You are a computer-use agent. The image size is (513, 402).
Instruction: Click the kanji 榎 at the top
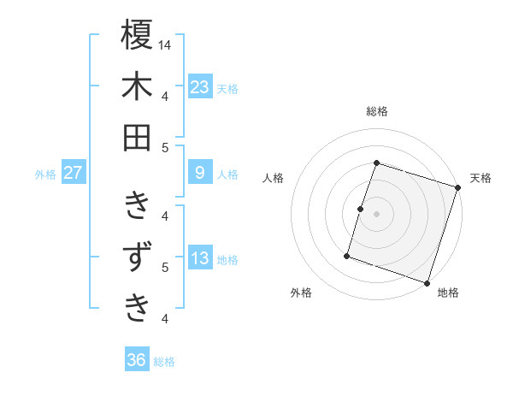137,35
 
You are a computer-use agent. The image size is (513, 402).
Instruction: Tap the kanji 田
137,137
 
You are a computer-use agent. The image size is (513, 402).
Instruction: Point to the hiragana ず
137,257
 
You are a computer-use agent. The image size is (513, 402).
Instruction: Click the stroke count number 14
165,44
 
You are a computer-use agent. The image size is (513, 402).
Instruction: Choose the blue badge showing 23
200,86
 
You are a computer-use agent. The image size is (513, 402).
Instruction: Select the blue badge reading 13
200,258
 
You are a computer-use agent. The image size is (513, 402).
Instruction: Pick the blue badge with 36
137,360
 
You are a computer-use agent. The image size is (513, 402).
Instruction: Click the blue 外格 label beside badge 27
45,174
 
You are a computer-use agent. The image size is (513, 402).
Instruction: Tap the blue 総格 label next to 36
164,362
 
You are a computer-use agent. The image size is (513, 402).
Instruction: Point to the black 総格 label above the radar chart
376,111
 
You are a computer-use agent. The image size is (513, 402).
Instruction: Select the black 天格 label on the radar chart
481,178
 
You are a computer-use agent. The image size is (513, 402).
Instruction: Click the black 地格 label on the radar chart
448,293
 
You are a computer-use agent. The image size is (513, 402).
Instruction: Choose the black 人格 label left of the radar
274,178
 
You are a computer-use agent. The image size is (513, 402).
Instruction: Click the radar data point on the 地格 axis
427,283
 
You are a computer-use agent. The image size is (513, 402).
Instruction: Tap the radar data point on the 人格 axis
360,209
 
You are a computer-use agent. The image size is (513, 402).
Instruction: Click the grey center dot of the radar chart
376,214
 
